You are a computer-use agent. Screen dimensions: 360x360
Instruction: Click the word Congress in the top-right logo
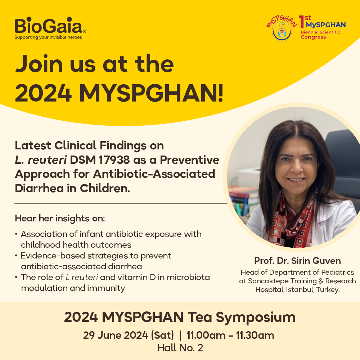click(x=313, y=37)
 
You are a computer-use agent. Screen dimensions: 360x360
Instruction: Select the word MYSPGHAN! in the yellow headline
click(x=151, y=93)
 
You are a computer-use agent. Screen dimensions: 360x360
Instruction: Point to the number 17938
click(x=114, y=160)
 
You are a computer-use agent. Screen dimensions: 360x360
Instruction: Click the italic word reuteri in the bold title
click(x=47, y=160)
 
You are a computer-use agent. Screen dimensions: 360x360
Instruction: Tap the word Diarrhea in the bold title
click(x=39, y=188)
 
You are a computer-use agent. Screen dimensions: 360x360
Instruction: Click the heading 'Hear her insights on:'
click(x=60, y=219)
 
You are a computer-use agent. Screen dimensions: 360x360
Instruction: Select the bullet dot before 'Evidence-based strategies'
click(x=16, y=256)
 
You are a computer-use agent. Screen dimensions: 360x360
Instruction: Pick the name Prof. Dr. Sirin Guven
click(x=297, y=261)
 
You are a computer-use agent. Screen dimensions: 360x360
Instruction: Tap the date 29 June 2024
click(x=116, y=335)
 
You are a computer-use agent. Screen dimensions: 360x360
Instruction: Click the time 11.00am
click(x=206, y=335)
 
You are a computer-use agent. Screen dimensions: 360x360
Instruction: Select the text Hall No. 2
click(x=180, y=348)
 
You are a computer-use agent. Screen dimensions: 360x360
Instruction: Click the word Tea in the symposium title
click(x=200, y=317)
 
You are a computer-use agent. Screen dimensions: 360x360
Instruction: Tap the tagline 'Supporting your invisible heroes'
click(x=48, y=37)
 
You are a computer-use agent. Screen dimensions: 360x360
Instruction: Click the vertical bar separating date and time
click(x=180, y=335)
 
